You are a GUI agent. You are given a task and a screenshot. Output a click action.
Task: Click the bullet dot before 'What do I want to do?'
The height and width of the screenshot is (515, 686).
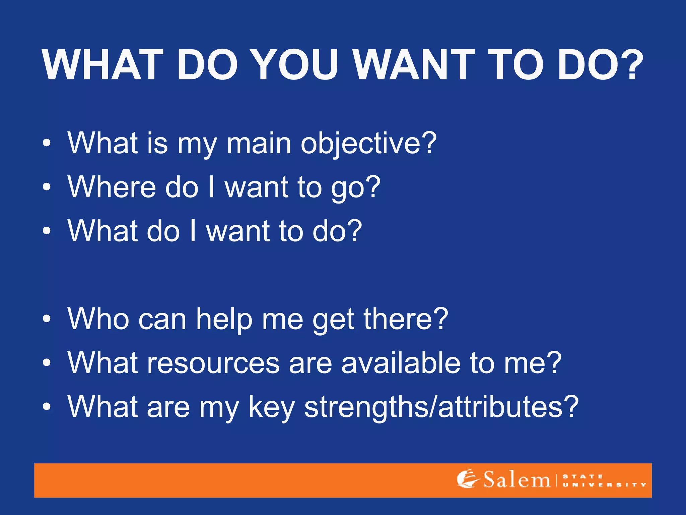coord(47,231)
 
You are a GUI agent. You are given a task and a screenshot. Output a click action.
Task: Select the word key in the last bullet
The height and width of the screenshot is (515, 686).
coord(271,408)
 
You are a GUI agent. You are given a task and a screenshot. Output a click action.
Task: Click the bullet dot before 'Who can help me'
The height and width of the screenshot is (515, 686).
coord(47,319)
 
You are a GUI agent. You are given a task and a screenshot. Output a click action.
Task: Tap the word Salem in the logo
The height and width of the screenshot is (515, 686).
coord(517,480)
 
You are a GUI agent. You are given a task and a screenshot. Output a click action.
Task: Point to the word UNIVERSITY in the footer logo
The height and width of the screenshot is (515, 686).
coord(604,485)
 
